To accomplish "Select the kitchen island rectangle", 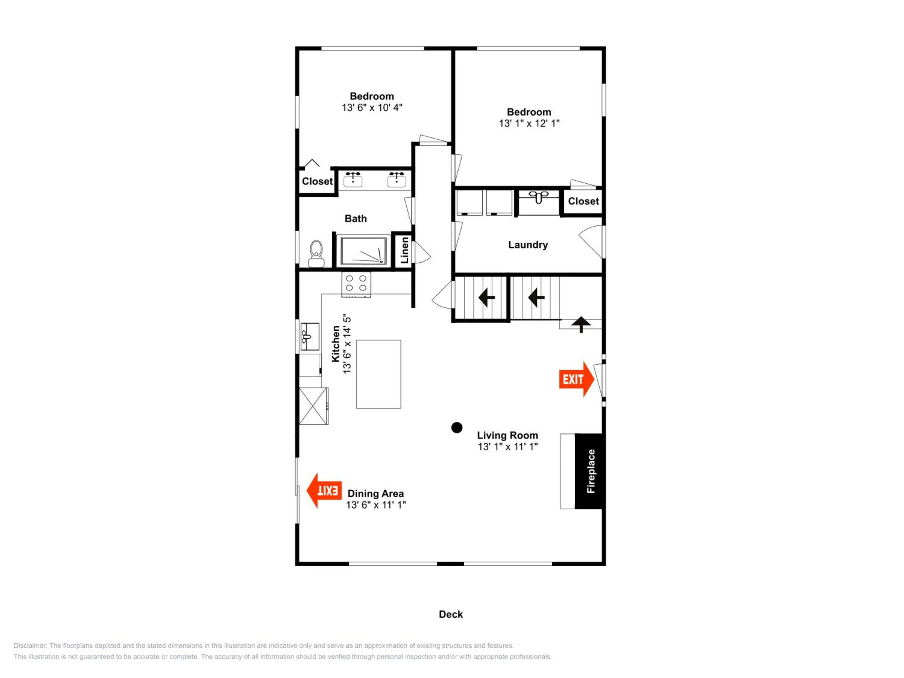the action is click(x=378, y=374).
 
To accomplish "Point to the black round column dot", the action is click(x=457, y=428).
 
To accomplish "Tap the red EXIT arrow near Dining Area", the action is click(x=324, y=490).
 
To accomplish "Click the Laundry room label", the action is click(x=528, y=245).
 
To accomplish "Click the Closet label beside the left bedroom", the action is click(x=317, y=181).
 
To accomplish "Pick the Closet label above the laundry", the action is click(x=583, y=201).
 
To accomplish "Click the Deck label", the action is click(x=451, y=614).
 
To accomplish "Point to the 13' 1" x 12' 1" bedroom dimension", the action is click(x=529, y=124).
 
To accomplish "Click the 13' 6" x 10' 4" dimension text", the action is click(x=372, y=108).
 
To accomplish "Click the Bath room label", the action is click(x=356, y=219).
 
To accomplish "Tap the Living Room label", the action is click(x=507, y=435).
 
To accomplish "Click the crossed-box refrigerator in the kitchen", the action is click(x=313, y=406).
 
